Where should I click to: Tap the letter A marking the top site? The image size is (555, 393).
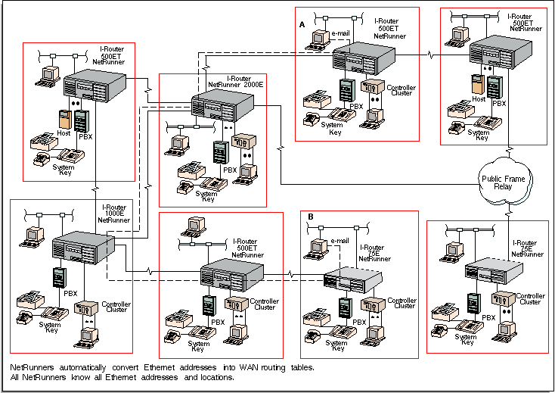(x=302, y=24)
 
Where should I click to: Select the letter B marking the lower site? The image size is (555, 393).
(x=311, y=217)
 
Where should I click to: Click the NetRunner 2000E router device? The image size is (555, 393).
(x=222, y=105)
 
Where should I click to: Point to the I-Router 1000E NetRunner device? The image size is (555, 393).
(x=83, y=248)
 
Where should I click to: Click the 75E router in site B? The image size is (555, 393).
(x=353, y=279)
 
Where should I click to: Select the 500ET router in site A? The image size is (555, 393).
(x=364, y=58)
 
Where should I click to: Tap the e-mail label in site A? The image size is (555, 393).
(x=340, y=33)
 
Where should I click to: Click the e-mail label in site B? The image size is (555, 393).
(x=340, y=241)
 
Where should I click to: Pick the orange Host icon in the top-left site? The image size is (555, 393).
(x=65, y=120)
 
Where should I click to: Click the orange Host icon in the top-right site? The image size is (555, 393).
(x=477, y=84)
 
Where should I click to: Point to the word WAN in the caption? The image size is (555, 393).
(x=249, y=367)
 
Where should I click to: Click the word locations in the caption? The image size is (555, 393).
(x=217, y=377)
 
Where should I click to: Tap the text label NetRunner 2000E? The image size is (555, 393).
(x=236, y=85)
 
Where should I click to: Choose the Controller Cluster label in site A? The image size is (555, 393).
(x=402, y=90)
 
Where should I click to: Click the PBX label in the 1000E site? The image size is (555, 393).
(x=70, y=293)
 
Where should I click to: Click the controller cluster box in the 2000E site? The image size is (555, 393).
(x=243, y=142)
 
